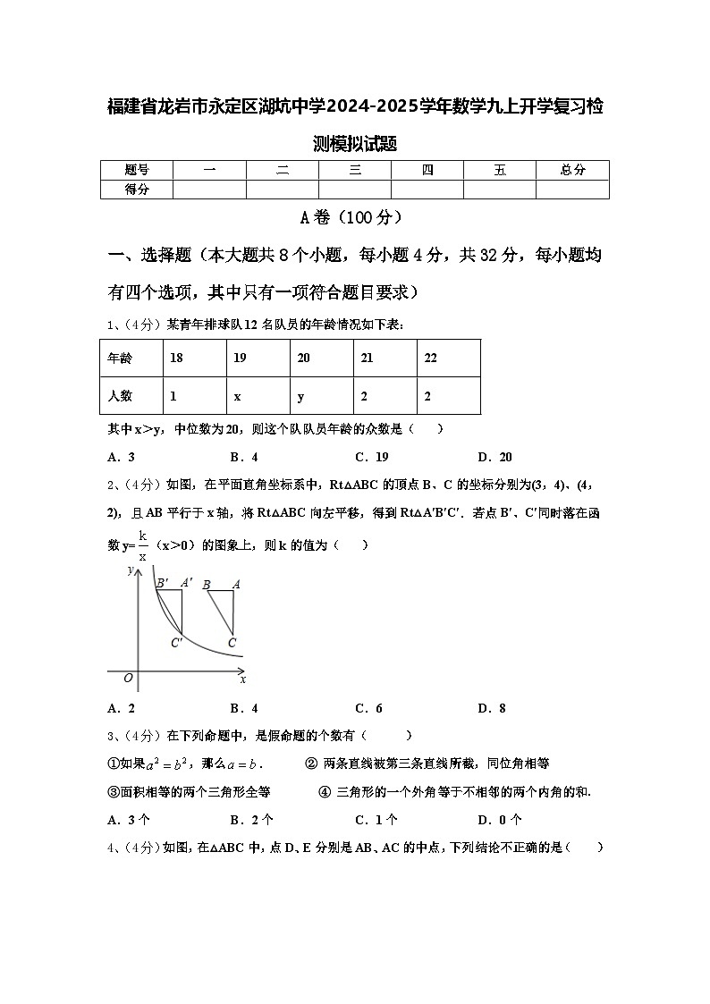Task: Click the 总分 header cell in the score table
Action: [572, 170]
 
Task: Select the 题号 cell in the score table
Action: [136, 170]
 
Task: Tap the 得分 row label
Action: [136, 189]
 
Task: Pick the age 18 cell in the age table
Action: [177, 358]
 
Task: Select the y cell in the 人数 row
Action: [301, 396]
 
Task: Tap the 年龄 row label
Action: [119, 358]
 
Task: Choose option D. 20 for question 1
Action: [494, 457]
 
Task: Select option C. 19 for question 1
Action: [371, 457]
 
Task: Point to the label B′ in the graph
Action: [163, 584]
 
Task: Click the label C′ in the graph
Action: [177, 642]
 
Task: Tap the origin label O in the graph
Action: [129, 679]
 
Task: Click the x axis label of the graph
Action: [243, 679]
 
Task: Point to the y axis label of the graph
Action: [131, 569]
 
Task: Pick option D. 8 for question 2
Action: [491, 708]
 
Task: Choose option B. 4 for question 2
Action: [243, 708]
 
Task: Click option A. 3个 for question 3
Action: [128, 819]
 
